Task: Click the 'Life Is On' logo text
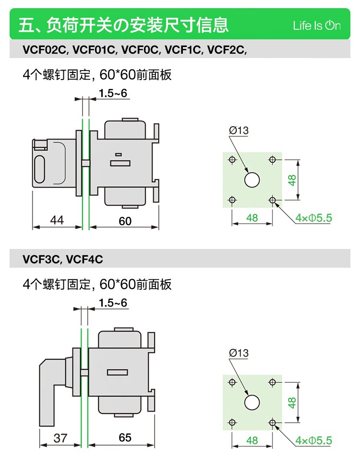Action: pyautogui.click(x=317, y=25)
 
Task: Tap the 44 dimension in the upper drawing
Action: pyautogui.click(x=57, y=220)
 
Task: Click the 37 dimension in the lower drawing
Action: pyautogui.click(x=60, y=438)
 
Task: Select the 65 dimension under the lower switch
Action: pyautogui.click(x=125, y=438)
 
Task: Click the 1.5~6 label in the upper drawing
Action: pyautogui.click(x=114, y=93)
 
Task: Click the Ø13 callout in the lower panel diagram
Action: pyautogui.click(x=239, y=353)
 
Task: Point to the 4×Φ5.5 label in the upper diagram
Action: pyautogui.click(x=314, y=218)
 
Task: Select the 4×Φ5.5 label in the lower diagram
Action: pyautogui.click(x=314, y=440)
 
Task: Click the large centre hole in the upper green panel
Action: pyautogui.click(x=252, y=180)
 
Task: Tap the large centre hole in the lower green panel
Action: pyautogui.click(x=252, y=402)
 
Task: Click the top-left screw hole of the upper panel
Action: pyautogui.click(x=232, y=159)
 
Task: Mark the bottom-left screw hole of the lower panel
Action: pyautogui.click(x=232, y=422)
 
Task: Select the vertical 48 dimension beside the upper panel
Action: pyautogui.click(x=292, y=180)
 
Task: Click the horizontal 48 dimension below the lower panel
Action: pyautogui.click(x=252, y=440)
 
